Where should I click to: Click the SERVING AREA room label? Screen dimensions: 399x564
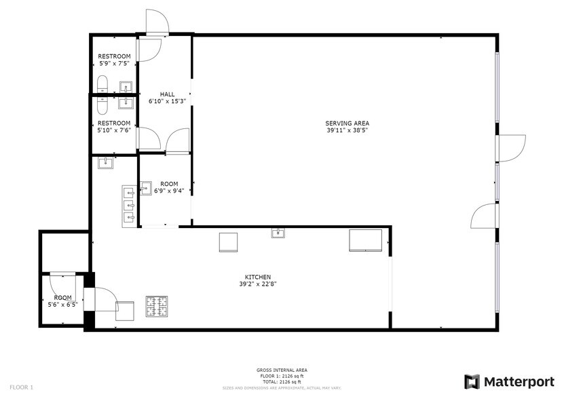tap(347, 123)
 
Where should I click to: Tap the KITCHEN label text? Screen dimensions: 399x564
tap(258, 277)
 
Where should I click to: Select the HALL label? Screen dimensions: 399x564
tap(167, 94)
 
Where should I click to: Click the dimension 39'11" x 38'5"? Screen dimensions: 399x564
tap(347, 130)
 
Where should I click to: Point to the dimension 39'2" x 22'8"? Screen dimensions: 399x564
tap(258, 284)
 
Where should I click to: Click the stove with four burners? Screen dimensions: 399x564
tap(158, 307)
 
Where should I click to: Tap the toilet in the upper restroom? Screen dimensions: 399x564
tap(102, 85)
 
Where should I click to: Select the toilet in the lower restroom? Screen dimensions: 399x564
tap(102, 104)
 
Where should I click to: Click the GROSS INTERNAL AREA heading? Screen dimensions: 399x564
tap(281, 370)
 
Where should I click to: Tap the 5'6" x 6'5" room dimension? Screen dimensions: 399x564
tap(63, 305)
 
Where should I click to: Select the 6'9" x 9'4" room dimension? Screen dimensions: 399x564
tap(169, 191)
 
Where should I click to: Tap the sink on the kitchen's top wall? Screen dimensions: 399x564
tap(278, 233)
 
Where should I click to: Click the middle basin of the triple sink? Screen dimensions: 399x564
tap(128, 204)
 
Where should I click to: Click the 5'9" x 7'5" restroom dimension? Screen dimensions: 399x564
tap(114, 63)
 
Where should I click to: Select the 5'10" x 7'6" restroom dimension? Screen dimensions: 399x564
tap(114, 130)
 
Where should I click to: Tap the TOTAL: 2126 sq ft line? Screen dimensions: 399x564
tap(281, 382)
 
